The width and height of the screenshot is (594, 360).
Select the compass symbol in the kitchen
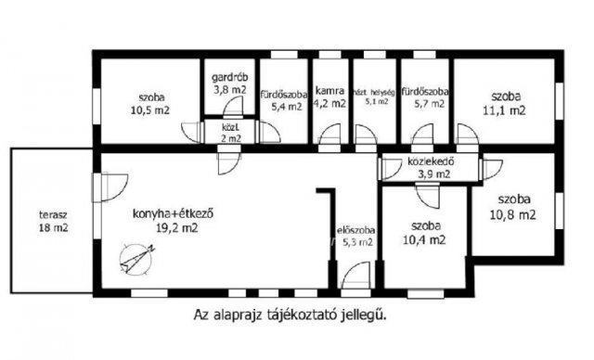pyautogui.click(x=137, y=254)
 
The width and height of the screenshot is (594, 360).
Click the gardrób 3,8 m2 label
pyautogui.click(x=228, y=84)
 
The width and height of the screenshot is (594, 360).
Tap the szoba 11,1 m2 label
pyautogui.click(x=507, y=103)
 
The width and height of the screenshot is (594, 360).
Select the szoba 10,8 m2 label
pyautogui.click(x=517, y=207)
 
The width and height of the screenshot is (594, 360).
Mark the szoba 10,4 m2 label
pyautogui.click(x=426, y=233)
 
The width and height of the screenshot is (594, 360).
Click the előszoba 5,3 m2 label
pyautogui.click(x=355, y=237)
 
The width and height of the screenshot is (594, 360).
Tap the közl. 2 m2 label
pyautogui.click(x=229, y=133)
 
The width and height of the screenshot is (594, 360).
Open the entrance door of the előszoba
pyautogui.click(x=353, y=278)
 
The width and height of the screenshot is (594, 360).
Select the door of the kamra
pyautogui.click(x=329, y=141)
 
